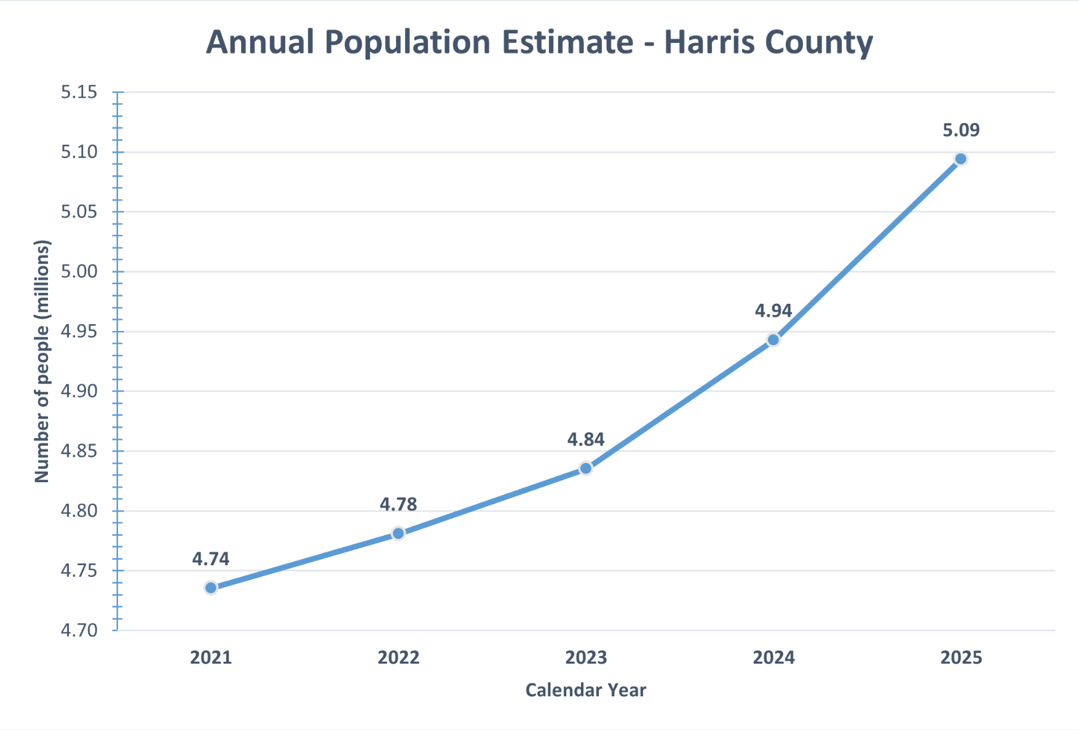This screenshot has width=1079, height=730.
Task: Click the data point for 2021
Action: (211, 588)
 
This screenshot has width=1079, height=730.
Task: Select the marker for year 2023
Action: (586, 469)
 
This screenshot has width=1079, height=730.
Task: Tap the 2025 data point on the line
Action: (960, 159)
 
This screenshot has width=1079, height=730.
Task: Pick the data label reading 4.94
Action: (773, 311)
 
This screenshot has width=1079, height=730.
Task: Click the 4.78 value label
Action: (398, 504)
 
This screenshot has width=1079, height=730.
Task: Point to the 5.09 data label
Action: (960, 130)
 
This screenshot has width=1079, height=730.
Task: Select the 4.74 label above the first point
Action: (210, 558)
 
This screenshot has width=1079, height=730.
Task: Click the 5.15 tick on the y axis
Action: (79, 92)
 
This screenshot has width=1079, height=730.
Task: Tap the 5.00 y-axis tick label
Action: (79, 271)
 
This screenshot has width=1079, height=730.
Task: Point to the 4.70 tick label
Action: (79, 630)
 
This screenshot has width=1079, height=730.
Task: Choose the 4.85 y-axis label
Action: (79, 451)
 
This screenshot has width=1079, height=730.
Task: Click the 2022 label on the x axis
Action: (398, 657)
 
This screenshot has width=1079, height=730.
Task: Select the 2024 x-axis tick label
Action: (773, 657)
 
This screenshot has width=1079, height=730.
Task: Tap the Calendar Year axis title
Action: (585, 690)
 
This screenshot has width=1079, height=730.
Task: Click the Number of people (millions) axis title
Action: (41, 362)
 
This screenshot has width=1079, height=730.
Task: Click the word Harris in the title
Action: (709, 42)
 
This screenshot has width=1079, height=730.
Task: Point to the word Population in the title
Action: (408, 42)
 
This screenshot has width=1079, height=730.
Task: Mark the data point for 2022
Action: (398, 533)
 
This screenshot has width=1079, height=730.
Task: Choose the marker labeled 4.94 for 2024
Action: (773, 340)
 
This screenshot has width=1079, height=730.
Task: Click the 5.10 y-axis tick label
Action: (79, 152)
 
